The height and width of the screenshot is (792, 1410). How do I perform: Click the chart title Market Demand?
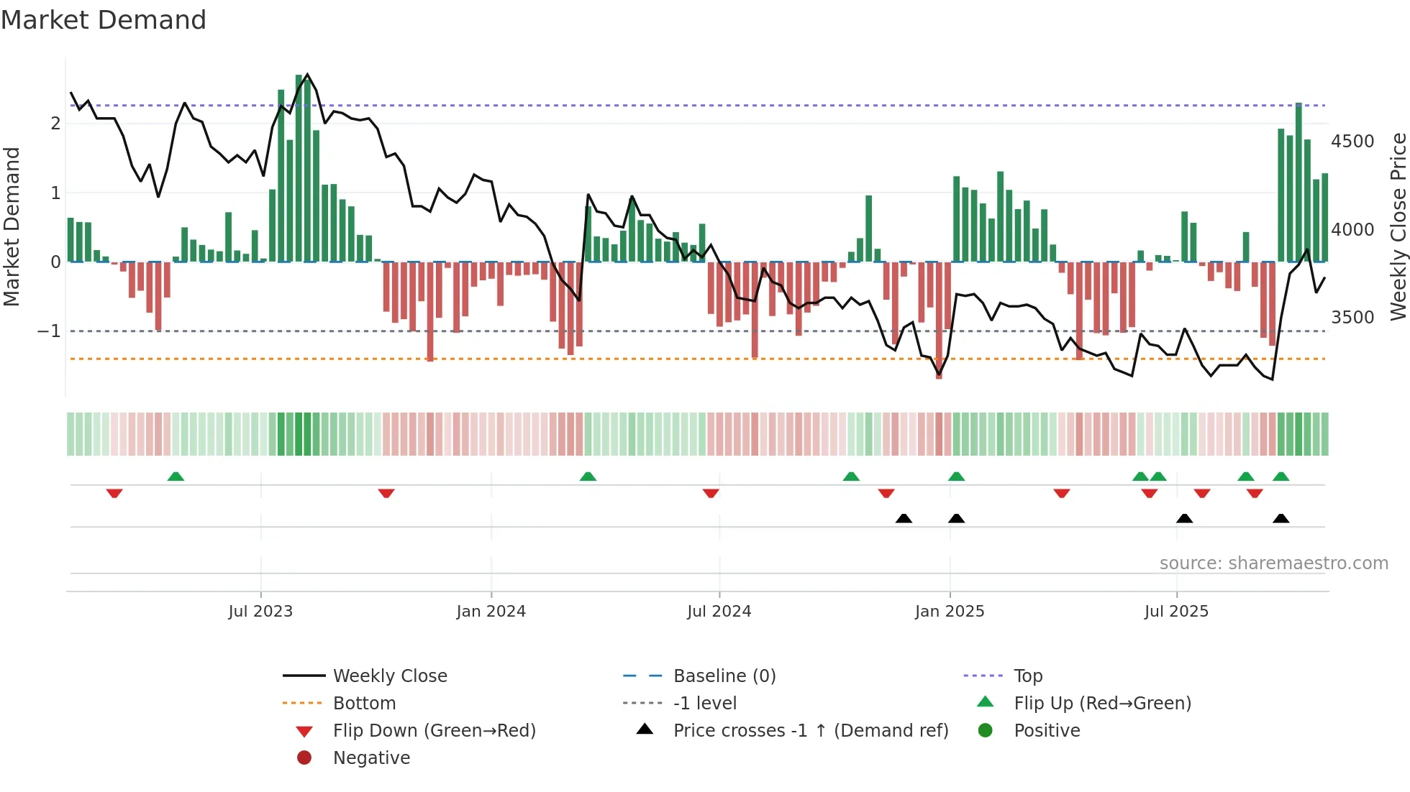click(x=104, y=20)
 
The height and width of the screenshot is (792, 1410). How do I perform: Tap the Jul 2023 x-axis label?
click(x=260, y=612)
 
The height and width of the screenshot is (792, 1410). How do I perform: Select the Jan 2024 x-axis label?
click(x=491, y=612)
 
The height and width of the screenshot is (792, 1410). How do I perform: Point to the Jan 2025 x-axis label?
click(x=949, y=612)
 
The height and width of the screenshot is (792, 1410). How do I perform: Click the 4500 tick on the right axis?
click(x=1352, y=142)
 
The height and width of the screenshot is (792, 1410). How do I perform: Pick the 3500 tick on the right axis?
click(x=1352, y=318)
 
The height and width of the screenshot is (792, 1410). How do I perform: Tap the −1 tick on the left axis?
click(x=49, y=331)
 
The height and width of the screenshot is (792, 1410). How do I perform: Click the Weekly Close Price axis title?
click(x=1398, y=226)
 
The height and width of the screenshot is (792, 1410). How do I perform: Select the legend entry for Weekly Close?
click(x=389, y=676)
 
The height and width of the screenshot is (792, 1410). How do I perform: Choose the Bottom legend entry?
click(x=364, y=704)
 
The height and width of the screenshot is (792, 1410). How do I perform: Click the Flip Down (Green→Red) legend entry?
click(x=434, y=731)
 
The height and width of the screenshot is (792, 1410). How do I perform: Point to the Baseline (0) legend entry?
click(x=724, y=676)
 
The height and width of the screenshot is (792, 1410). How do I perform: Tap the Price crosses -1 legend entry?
click(x=810, y=731)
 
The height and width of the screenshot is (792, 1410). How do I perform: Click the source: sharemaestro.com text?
click(x=1273, y=563)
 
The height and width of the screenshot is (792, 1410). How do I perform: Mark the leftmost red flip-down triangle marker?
click(x=114, y=493)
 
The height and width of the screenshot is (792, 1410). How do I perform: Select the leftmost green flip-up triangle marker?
click(x=176, y=476)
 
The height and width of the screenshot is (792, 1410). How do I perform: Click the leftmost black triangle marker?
click(x=904, y=518)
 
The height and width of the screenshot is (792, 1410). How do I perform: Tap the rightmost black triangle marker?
click(x=1281, y=518)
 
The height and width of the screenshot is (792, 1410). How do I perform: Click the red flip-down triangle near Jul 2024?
click(x=711, y=493)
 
